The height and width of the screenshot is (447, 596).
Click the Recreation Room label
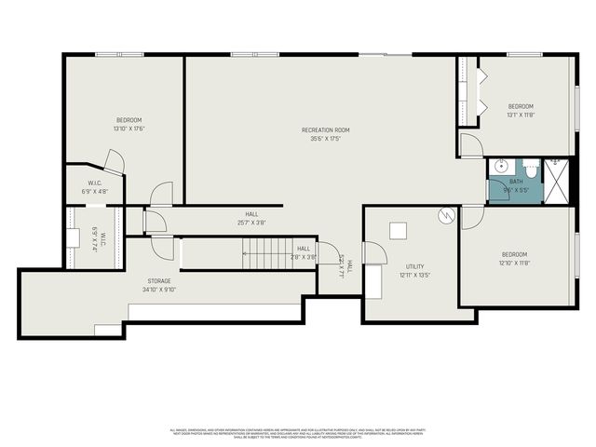click(325, 129)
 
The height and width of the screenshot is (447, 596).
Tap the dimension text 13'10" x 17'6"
click(129, 129)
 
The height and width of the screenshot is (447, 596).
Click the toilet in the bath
click(531, 170)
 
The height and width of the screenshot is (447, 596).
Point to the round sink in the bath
click(500, 169)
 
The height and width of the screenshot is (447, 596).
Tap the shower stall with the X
click(556, 183)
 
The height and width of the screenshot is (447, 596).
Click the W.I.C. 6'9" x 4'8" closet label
click(95, 187)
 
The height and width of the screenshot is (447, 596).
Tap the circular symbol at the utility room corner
click(445, 216)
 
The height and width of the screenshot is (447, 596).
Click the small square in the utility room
click(398, 229)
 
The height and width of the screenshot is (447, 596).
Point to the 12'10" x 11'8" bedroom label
click(514, 258)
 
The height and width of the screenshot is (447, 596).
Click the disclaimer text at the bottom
click(297, 433)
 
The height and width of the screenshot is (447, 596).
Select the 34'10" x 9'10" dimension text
click(159, 289)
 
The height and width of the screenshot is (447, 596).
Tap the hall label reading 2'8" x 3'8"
click(304, 252)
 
